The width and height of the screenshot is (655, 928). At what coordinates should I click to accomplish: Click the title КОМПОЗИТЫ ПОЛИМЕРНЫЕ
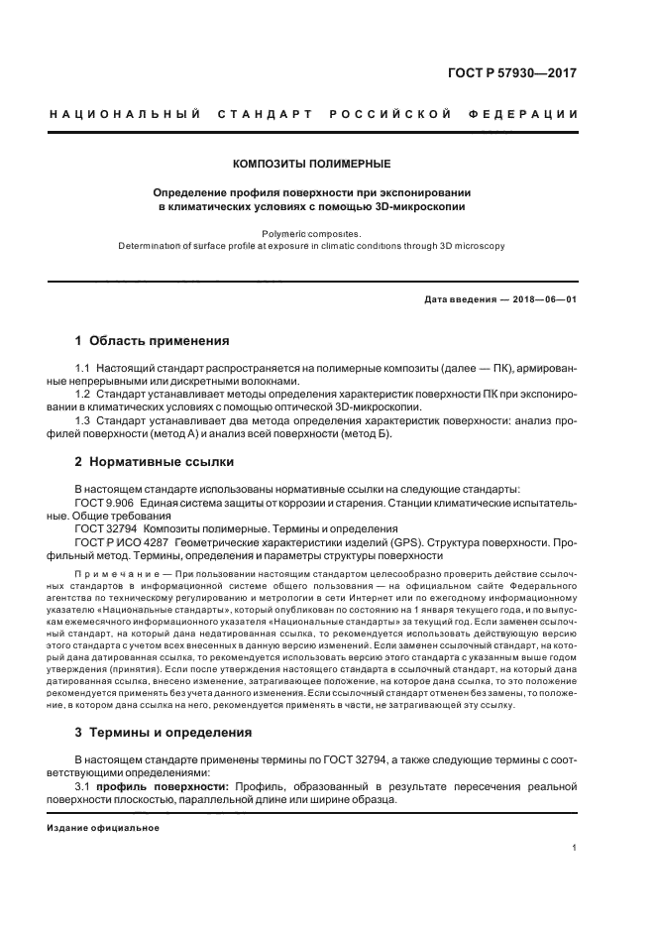pos(311,163)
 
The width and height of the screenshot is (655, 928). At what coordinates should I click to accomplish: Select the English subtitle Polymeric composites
pos(311,234)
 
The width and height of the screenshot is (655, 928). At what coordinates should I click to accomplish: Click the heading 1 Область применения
pos(153,340)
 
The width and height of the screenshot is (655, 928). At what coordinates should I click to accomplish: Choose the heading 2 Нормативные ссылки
pos(156,462)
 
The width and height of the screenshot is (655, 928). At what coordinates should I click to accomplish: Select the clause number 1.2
pos(83,395)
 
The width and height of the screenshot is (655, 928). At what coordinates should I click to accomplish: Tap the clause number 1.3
pos(83,421)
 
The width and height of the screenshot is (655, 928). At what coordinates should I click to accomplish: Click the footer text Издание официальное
pos(96,827)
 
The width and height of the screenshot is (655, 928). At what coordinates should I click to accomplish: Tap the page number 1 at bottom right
pos(575,848)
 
